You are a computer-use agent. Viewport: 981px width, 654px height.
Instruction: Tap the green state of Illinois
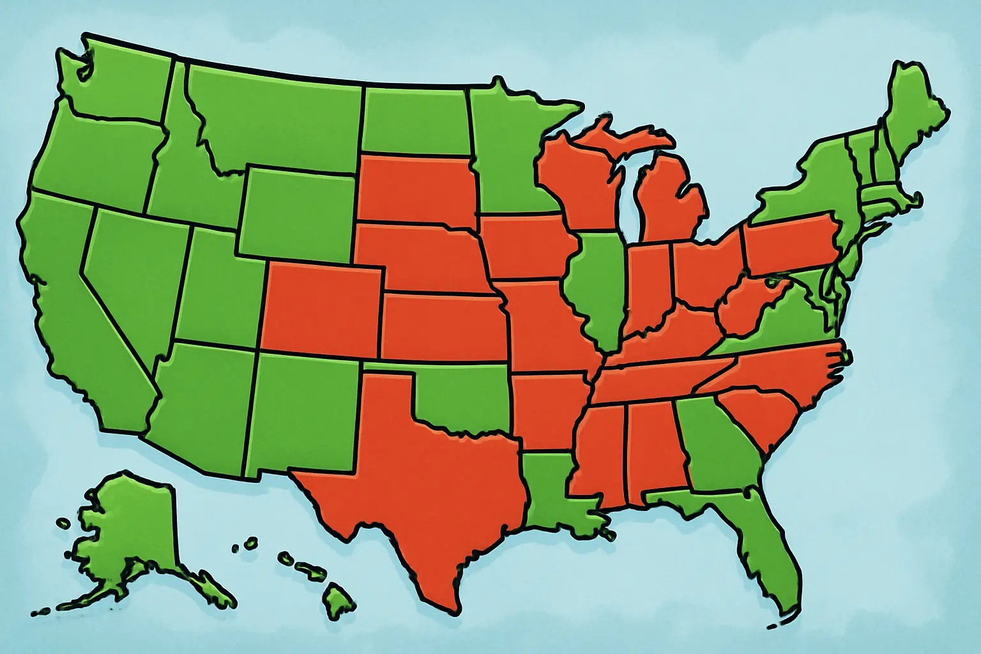597,281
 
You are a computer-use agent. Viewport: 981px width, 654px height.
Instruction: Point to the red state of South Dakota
415,188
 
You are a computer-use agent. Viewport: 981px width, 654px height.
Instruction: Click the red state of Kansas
444,326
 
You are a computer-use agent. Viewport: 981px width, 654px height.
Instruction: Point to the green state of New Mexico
303,415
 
